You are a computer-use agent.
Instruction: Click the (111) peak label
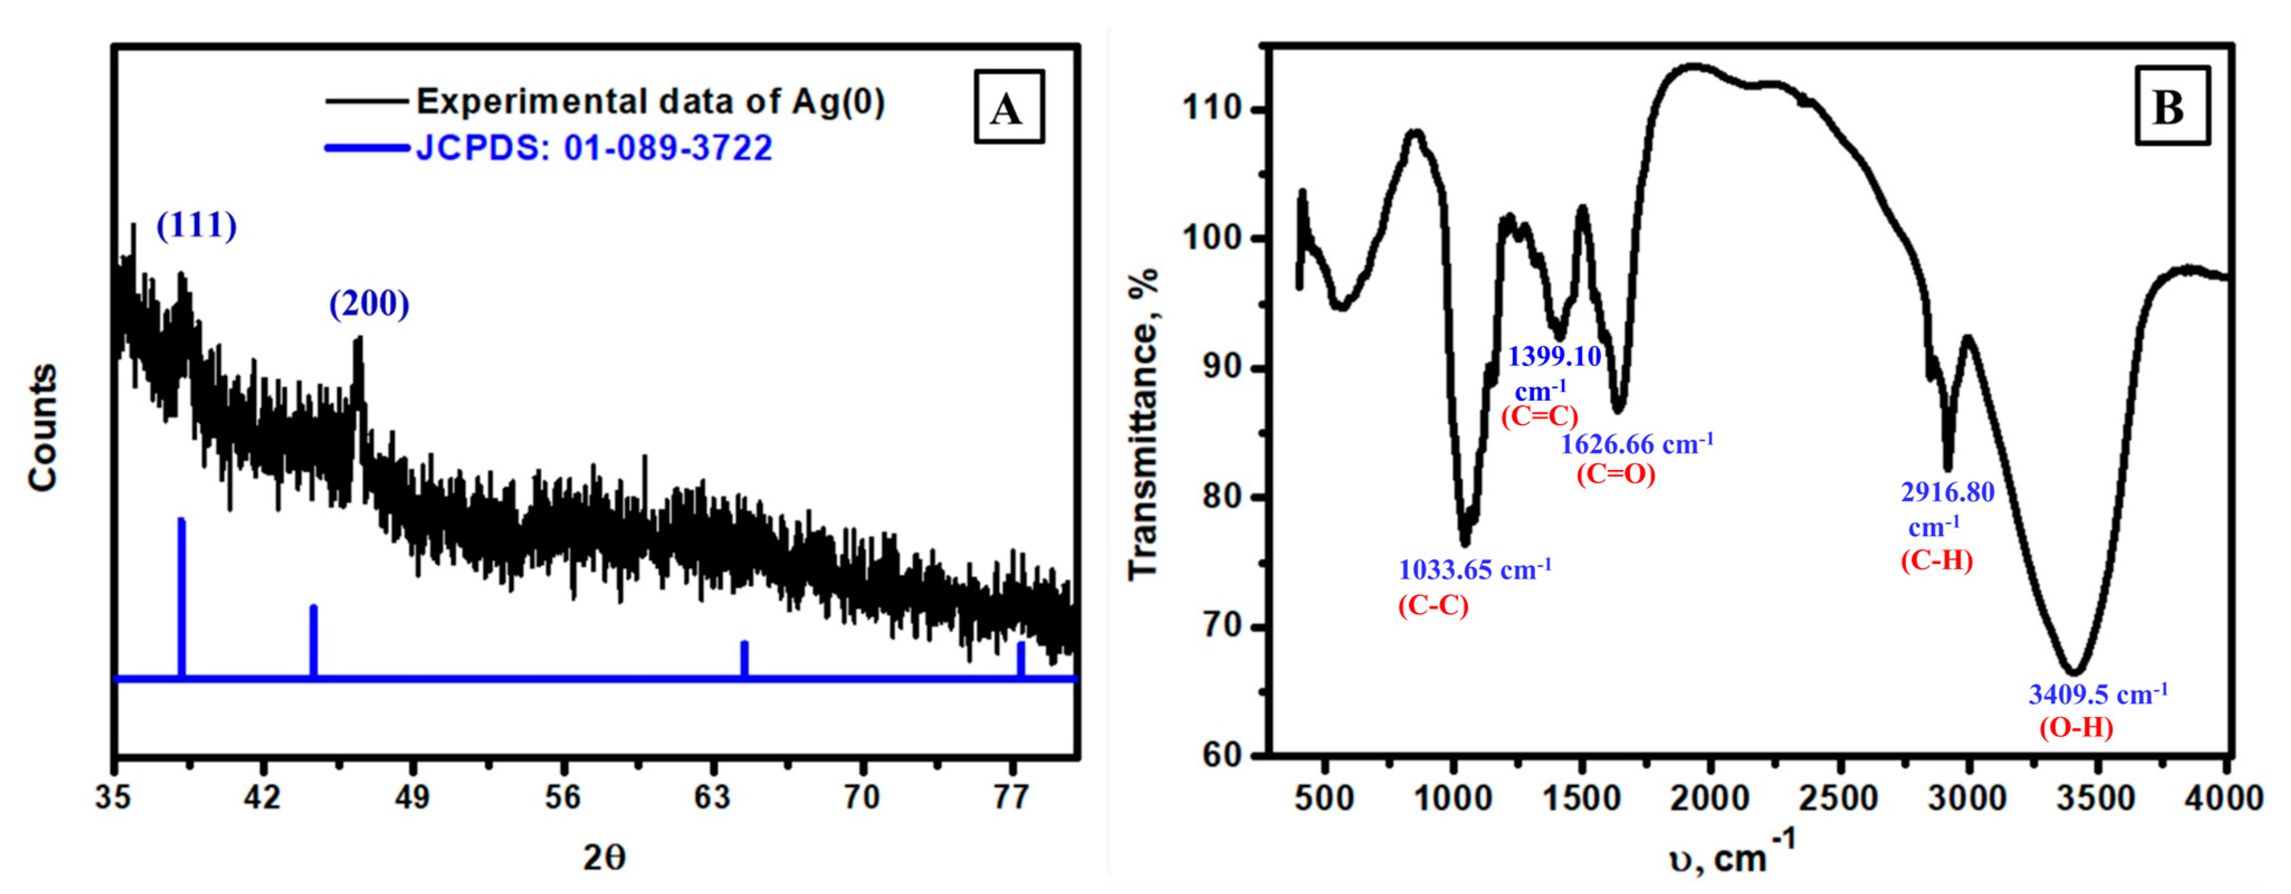[197, 226]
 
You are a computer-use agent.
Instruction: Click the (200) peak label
[369, 304]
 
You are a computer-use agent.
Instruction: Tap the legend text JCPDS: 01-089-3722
[594, 148]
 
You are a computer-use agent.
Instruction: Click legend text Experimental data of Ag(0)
[650, 101]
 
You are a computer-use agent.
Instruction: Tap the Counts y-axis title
[42, 427]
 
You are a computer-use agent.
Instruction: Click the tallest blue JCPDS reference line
[182, 596]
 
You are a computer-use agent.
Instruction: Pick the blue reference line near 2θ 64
[744, 658]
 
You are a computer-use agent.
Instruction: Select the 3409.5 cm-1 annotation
[2097, 694]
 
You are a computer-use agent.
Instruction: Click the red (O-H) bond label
[2076, 727]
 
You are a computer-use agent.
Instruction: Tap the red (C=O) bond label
[1616, 474]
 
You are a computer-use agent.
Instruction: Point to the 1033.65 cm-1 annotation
[1474, 569]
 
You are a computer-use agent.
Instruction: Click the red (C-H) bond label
[1937, 560]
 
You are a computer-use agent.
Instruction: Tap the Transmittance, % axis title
[1144, 425]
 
